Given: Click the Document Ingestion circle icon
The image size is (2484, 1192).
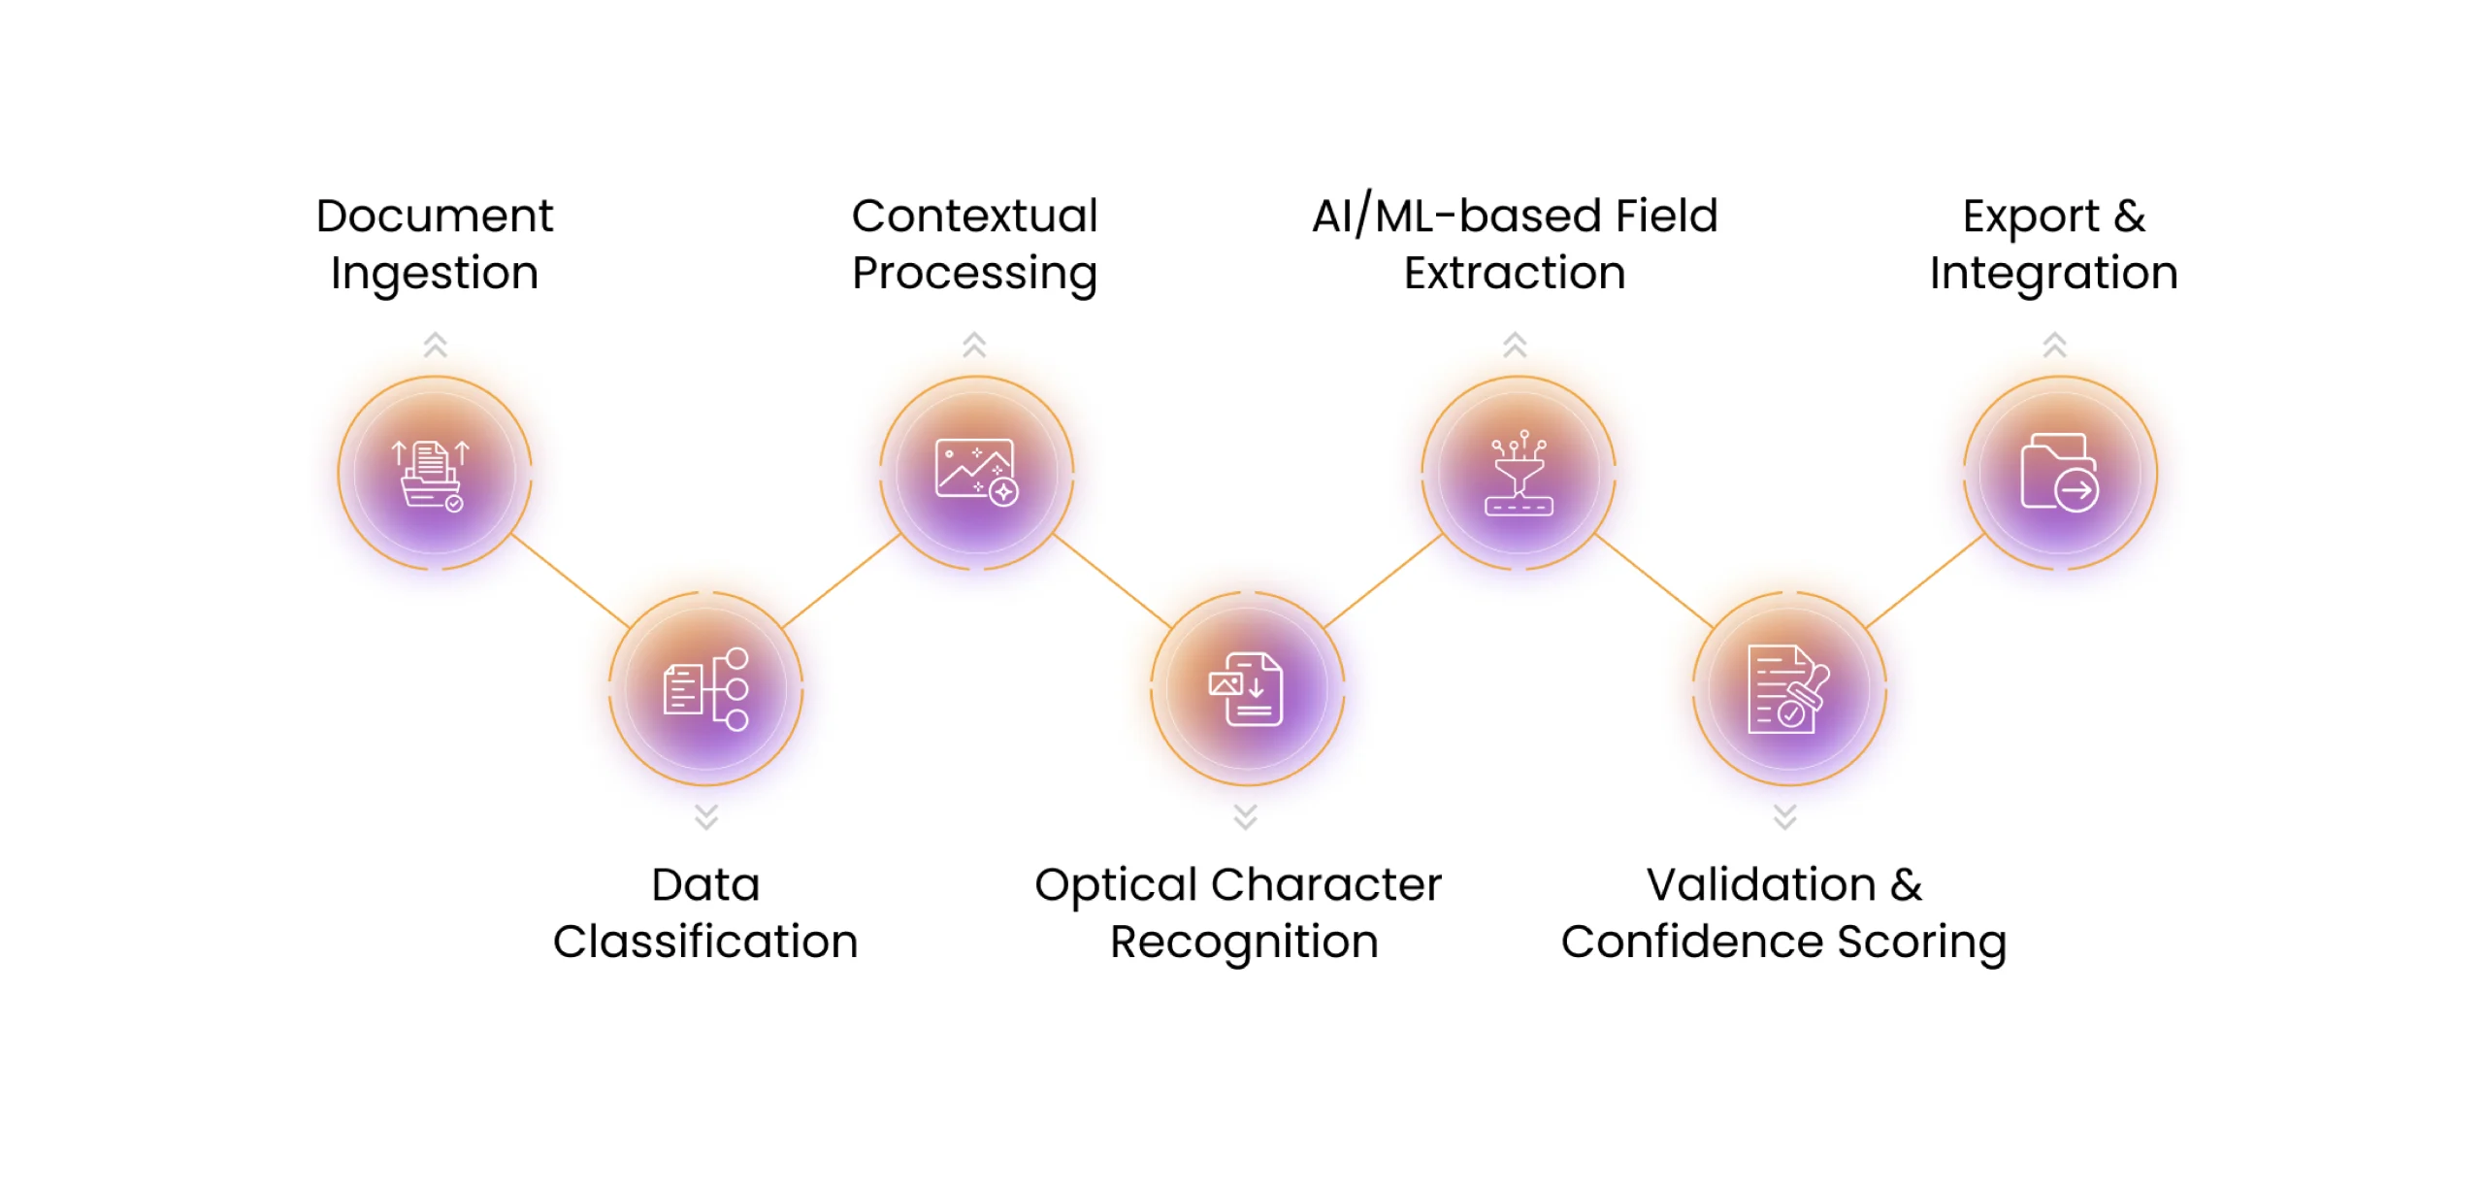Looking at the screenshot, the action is (x=435, y=473).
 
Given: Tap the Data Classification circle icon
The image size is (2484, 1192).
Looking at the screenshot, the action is (x=705, y=688).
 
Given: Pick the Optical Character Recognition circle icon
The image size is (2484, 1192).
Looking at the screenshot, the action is (x=1248, y=688).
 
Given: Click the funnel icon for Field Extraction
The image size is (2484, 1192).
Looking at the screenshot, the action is (x=1519, y=473).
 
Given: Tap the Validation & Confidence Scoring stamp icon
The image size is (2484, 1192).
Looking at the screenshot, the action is (x=1788, y=688).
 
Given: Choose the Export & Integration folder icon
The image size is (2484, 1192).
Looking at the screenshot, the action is (x=2059, y=473).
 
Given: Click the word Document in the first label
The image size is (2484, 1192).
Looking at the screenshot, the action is (x=435, y=215).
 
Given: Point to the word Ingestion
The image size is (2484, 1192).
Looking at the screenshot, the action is (x=435, y=274).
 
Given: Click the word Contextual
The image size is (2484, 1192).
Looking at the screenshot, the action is (x=974, y=215).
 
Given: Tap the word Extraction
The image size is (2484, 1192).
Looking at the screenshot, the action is (x=1515, y=273).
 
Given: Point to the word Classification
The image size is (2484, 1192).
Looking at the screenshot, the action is (x=705, y=942).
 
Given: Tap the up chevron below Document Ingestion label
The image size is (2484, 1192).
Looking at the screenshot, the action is (x=435, y=344).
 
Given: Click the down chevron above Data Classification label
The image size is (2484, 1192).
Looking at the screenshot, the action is (x=705, y=816).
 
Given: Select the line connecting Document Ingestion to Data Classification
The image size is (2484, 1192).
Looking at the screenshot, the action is (x=571, y=580).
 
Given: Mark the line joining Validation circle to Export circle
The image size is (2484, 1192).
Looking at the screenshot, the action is (x=1924, y=580).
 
